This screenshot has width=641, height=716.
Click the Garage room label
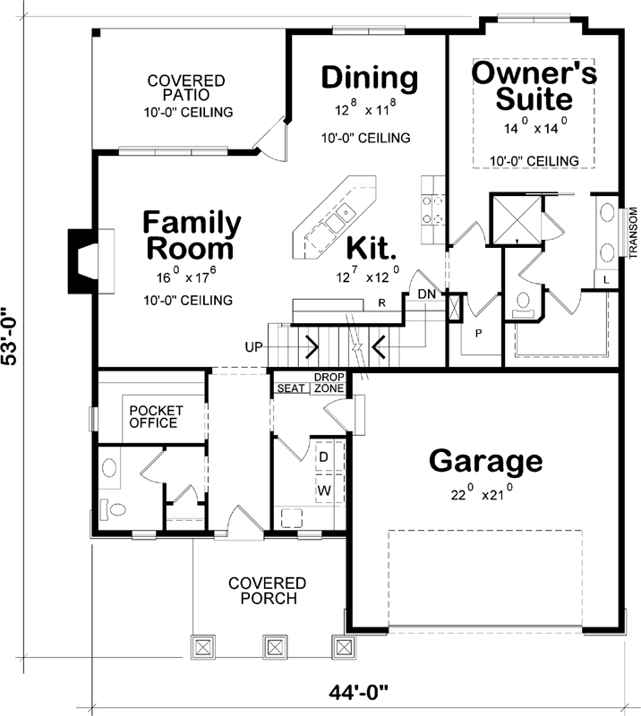[485, 462]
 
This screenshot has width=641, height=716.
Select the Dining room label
[369, 78]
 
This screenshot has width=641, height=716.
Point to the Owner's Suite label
[534, 85]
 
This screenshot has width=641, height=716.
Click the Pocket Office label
[157, 416]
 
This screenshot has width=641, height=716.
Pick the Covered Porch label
[267, 590]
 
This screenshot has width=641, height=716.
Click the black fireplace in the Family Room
[81, 261]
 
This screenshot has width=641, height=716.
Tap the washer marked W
[323, 490]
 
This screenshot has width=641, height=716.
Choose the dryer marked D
[323, 456]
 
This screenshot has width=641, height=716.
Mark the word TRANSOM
[632, 232]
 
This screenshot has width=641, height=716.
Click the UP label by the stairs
[253, 345]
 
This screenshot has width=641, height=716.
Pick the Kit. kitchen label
[372, 246]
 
